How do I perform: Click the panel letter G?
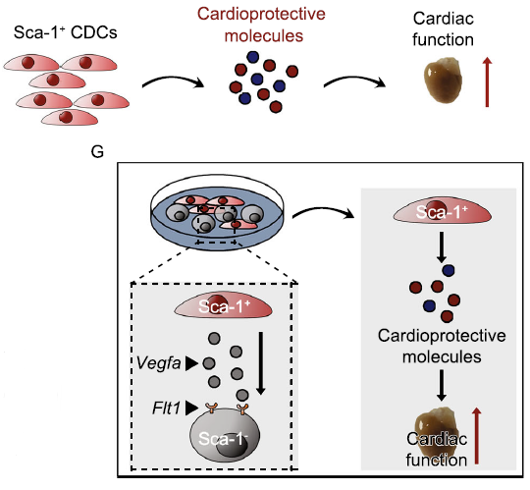(x=97, y=151)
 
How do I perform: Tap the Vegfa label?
(x=158, y=363)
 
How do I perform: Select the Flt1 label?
(x=166, y=408)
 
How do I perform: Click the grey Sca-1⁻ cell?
(x=225, y=436)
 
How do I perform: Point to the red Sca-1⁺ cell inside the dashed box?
(x=223, y=306)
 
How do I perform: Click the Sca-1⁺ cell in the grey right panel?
(x=442, y=212)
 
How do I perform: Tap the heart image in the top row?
(x=443, y=81)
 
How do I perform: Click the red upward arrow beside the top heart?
(x=487, y=82)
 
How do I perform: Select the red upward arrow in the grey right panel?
(x=477, y=436)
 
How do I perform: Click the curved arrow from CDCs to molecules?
(x=173, y=81)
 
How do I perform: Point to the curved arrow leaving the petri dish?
(x=323, y=212)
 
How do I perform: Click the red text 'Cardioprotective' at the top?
(x=261, y=14)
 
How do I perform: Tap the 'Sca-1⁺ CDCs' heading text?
(x=65, y=32)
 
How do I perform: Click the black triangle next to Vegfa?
(x=192, y=363)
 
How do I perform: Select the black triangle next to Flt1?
(x=191, y=408)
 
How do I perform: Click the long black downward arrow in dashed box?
(x=260, y=363)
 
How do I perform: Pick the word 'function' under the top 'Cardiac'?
(x=443, y=40)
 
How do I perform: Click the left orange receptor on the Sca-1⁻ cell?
(x=212, y=408)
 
